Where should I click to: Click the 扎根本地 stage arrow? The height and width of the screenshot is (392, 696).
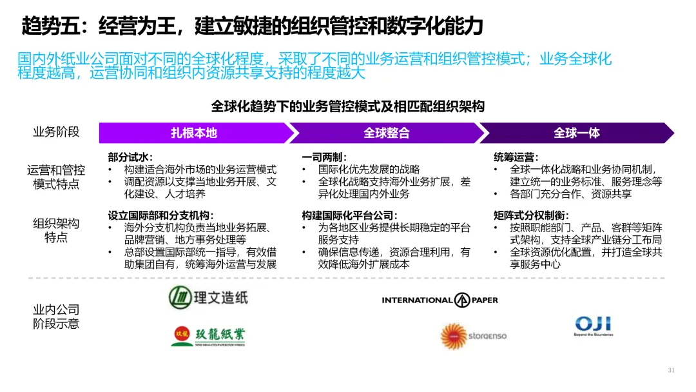pyautogui.click(x=193, y=133)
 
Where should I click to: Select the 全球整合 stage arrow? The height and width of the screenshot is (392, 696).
pyautogui.click(x=386, y=133)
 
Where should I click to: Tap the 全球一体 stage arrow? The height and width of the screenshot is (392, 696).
pyautogui.click(x=576, y=133)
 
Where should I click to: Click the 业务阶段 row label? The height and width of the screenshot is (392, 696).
pyautogui.click(x=56, y=132)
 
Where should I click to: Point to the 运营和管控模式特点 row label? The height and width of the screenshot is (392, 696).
pyautogui.click(x=56, y=177)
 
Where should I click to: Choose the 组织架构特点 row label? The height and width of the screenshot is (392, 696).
pyautogui.click(x=56, y=230)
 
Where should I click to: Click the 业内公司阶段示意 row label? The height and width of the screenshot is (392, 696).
pyautogui.click(x=56, y=317)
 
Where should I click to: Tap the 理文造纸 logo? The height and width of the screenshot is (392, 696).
pyautogui.click(x=208, y=297)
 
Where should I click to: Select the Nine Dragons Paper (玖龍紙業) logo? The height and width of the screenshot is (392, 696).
pyautogui.click(x=208, y=336)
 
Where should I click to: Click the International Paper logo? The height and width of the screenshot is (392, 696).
pyautogui.click(x=440, y=300)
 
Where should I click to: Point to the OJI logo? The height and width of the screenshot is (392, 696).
pyautogui.click(x=593, y=326)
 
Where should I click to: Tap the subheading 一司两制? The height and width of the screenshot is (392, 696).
pyautogui.click(x=324, y=157)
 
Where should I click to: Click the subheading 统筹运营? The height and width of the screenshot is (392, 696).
pyautogui.click(x=516, y=157)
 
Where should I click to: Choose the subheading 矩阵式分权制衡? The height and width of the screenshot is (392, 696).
pyautogui.click(x=531, y=215)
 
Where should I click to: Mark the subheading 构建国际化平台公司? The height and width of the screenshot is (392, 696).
pyautogui.click(x=349, y=215)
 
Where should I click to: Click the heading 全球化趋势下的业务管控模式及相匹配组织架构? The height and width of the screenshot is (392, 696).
pyautogui.click(x=348, y=106)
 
